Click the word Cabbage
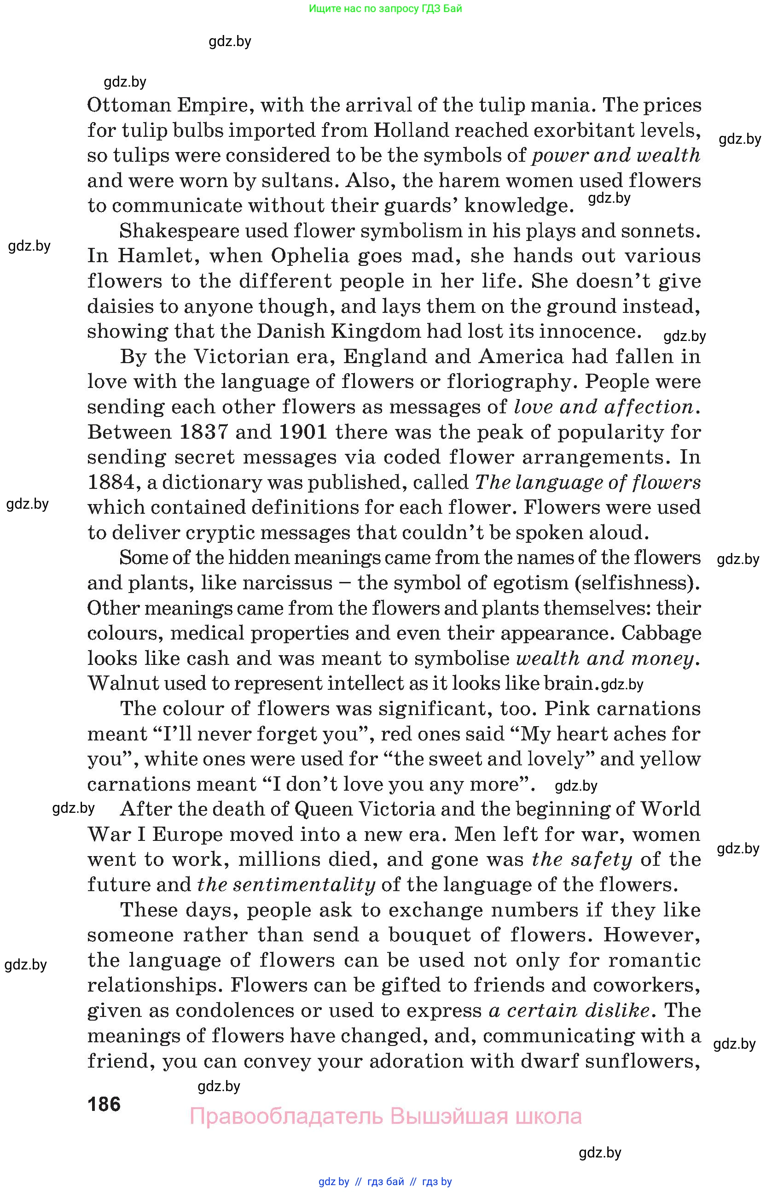(661, 633)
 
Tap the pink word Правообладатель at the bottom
(286, 1116)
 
